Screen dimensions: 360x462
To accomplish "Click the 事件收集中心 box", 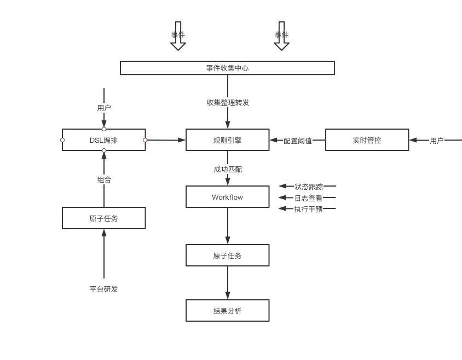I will pyautogui.click(x=227, y=68).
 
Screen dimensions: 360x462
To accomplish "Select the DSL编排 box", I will pyautogui.click(x=103, y=140).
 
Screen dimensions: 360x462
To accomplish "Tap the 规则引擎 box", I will pyautogui.click(x=227, y=140).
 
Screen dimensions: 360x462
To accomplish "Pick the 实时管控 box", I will pyautogui.click(x=367, y=140).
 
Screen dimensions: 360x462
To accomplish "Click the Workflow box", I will pyautogui.click(x=227, y=197).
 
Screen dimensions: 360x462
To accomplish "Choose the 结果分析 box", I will pyautogui.click(x=227, y=311).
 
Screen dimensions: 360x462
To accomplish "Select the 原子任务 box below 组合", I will pyautogui.click(x=103, y=218).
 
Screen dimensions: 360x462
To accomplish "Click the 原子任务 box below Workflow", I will pyautogui.click(x=227, y=256).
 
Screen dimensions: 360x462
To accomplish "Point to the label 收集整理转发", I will pyautogui.click(x=228, y=102).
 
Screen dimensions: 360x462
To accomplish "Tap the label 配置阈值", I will pyautogui.click(x=298, y=141).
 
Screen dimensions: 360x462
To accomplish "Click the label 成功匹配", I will pyautogui.click(x=228, y=170).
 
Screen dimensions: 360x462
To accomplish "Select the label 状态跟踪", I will pyautogui.click(x=309, y=187).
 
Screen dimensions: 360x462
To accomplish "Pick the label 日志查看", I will pyautogui.click(x=309, y=198).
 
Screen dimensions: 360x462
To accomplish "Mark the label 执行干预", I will pyautogui.click(x=309, y=209).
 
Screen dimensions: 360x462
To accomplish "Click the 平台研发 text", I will pyautogui.click(x=103, y=289).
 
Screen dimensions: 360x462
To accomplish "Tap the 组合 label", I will pyautogui.click(x=104, y=179).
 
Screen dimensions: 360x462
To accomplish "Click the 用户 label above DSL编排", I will pyautogui.click(x=104, y=108).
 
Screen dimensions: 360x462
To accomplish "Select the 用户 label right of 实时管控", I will pyautogui.click(x=436, y=141).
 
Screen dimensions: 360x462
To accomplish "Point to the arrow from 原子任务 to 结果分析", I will pyautogui.click(x=228, y=283).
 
